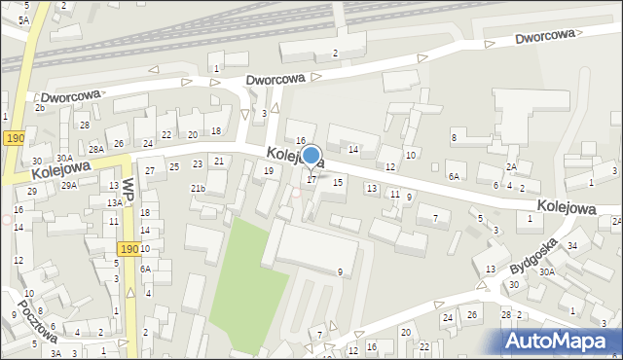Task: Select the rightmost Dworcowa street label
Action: click(546, 37)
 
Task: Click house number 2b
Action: click(40, 107)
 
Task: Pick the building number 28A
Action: click(95, 149)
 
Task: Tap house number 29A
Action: click(69, 185)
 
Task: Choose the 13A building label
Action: click(114, 202)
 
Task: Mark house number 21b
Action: click(198, 188)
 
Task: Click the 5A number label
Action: click(23, 19)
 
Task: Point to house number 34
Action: click(572, 245)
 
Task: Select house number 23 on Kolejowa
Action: click(198, 164)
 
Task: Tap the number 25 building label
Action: click(174, 167)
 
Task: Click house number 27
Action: click(149, 171)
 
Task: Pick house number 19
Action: click(269, 171)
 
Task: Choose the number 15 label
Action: click(338, 182)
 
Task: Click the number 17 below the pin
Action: click(311, 179)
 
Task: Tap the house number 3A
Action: click(56, 353)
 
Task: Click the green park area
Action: click(244, 272)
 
